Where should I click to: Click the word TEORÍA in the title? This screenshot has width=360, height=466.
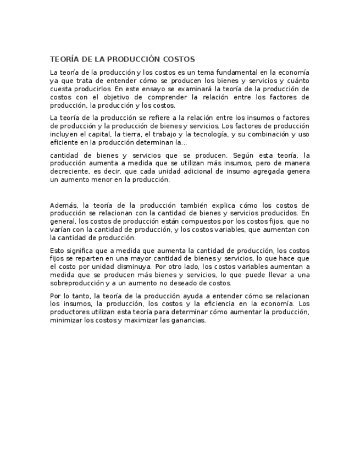pos(63,59)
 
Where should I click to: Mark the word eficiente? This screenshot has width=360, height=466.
pos(62,142)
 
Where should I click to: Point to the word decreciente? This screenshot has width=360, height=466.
pos(68,171)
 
